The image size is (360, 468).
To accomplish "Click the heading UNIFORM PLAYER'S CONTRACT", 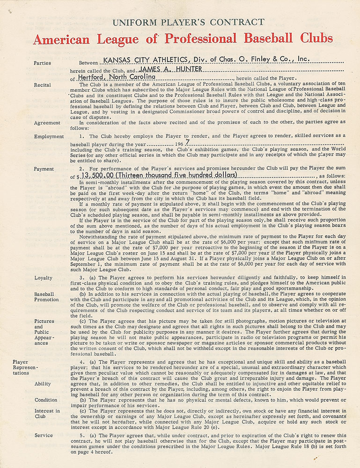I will point(186,22).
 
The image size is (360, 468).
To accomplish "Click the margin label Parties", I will point(43,63).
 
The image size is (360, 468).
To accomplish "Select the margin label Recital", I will point(43,85).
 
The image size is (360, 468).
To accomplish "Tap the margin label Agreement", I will point(47,123).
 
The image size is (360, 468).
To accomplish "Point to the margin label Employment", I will point(49,136).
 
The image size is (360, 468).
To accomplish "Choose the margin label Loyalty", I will point(44,278).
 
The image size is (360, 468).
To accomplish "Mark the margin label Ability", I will point(43,383).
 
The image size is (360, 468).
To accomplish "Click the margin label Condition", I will point(46,400).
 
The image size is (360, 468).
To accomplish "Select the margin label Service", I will point(44,435).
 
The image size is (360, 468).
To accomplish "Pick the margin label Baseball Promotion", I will point(46,297).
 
